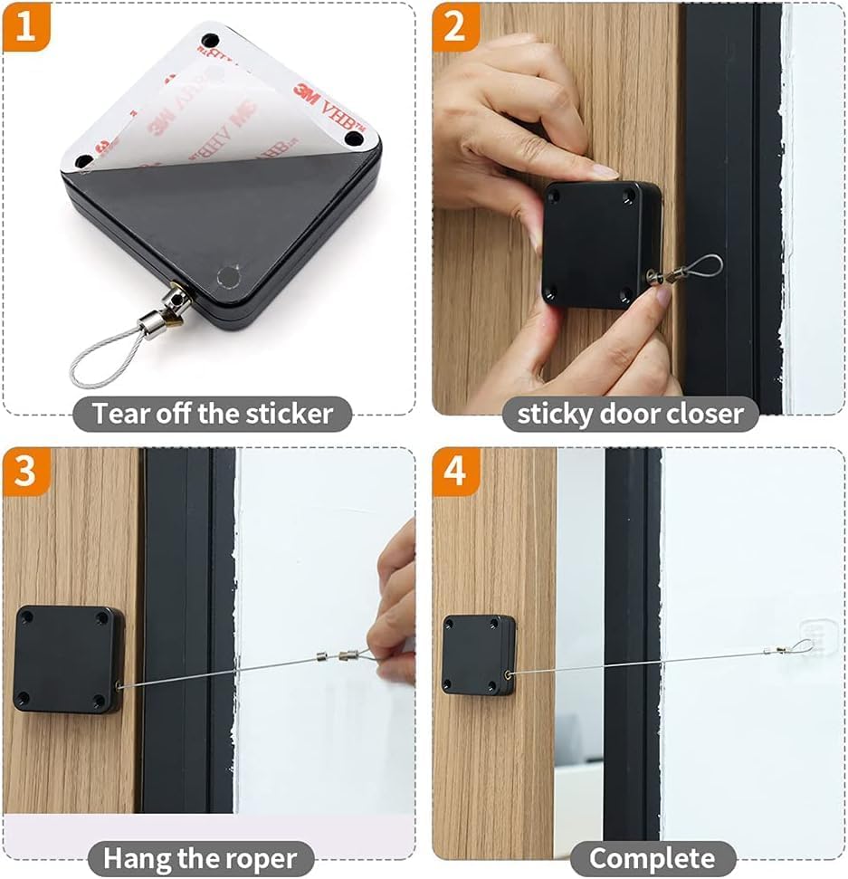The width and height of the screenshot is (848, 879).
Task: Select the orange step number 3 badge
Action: click(26, 472)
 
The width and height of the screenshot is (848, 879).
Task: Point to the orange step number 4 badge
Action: click(455, 472)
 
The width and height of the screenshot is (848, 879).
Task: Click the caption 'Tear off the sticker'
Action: click(213, 414)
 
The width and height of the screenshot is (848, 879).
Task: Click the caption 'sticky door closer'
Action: click(630, 414)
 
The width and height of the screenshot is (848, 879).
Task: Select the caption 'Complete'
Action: click(651, 857)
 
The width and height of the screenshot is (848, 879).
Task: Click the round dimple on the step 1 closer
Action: click(229, 276)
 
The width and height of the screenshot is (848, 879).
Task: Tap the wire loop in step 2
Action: click(701, 268)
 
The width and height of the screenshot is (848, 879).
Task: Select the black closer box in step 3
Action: click(68, 658)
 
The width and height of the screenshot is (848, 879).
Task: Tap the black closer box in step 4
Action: click(478, 654)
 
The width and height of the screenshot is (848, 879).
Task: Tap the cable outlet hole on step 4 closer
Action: click(507, 674)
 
